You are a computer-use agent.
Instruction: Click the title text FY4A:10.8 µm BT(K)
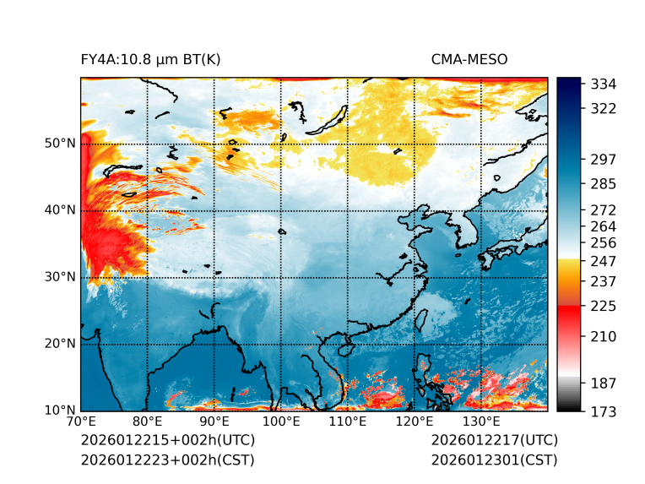(x=151, y=59)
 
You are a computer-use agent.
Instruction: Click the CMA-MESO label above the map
(x=469, y=59)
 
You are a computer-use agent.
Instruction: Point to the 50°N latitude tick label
(x=60, y=144)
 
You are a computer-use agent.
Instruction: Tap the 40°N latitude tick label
(x=60, y=210)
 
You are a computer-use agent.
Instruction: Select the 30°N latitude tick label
(x=60, y=277)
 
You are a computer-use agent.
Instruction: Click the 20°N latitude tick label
(x=60, y=344)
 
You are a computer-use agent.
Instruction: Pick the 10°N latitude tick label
(x=60, y=411)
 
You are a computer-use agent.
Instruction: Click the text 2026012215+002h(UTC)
(x=168, y=440)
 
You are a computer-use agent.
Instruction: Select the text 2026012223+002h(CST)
(x=167, y=460)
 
